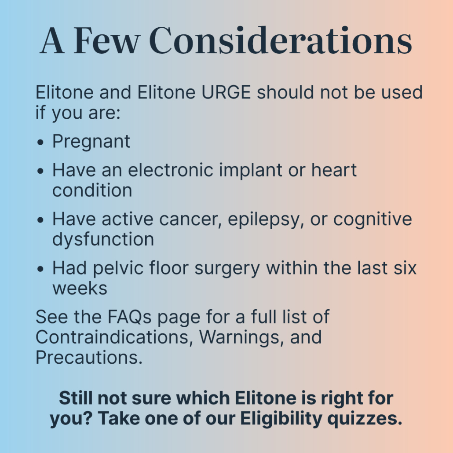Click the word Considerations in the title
point(281,40)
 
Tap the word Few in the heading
point(107,40)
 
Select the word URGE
point(226,92)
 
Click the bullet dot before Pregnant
point(40,142)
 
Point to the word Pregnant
point(91,142)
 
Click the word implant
point(251,171)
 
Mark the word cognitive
point(373,219)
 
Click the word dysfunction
point(103,240)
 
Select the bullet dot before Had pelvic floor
point(40,269)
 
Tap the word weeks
point(80,289)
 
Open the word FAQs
point(129,317)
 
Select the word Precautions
point(89,358)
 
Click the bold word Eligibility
point(281,419)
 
